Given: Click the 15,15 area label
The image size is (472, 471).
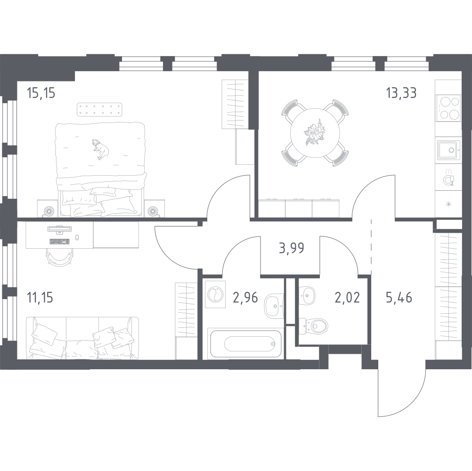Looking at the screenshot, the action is (x=41, y=93).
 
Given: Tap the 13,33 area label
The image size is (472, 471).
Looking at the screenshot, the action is (x=401, y=93).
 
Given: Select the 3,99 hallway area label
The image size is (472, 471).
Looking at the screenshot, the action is (x=292, y=248).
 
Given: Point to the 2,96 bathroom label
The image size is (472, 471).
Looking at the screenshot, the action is (x=245, y=297).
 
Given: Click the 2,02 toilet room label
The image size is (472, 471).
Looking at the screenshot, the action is (x=347, y=297).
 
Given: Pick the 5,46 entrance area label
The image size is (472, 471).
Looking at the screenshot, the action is (x=399, y=297).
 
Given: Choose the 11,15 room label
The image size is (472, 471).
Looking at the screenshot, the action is (x=40, y=297).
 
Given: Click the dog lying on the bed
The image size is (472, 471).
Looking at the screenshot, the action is (x=100, y=149).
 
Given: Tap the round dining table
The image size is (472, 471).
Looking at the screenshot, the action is (x=315, y=133).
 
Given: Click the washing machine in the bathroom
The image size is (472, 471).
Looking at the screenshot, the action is (x=215, y=294).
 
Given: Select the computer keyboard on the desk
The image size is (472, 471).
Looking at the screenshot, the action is (x=59, y=241).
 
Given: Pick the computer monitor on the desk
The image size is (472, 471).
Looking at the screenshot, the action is (x=59, y=229).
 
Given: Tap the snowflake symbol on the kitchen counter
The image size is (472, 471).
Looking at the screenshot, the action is (x=448, y=204).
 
